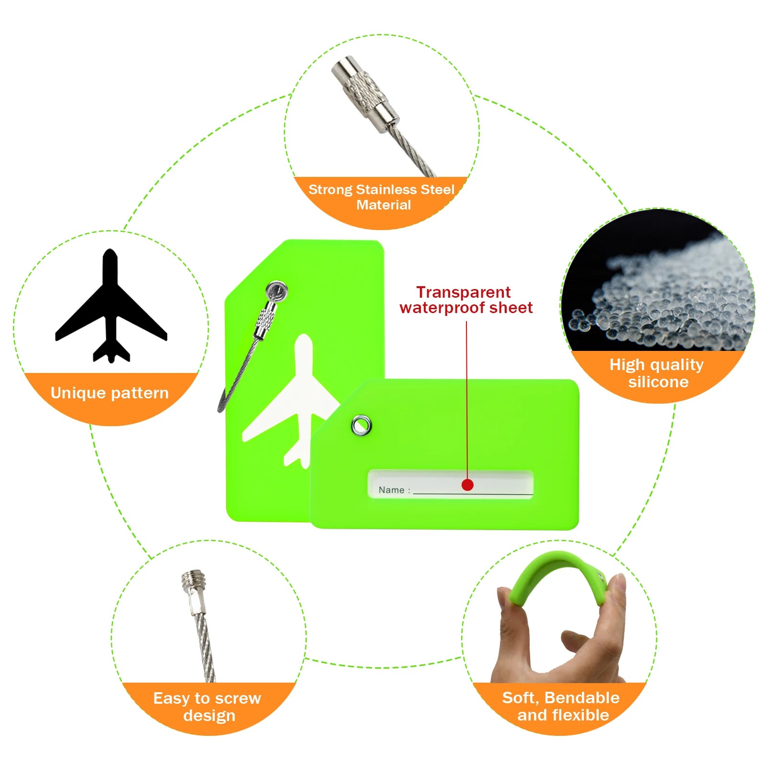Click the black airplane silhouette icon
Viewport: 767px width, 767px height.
pos(111,307)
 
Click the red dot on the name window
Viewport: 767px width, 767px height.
pos(467,485)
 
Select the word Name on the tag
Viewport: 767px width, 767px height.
pos(391,490)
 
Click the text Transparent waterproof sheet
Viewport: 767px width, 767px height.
pos(465,300)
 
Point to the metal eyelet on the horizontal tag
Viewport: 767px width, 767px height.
pos(361,425)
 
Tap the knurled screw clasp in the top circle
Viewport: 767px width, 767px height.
pos(365,94)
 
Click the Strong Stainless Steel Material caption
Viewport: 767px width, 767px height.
pos(382,197)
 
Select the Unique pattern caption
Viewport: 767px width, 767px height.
pos(110,393)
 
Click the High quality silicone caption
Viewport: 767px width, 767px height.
pos(657,373)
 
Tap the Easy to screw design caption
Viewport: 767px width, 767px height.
pos(208,707)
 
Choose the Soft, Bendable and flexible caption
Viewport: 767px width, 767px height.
pos(561,706)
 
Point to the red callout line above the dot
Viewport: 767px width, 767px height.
pos(467,400)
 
